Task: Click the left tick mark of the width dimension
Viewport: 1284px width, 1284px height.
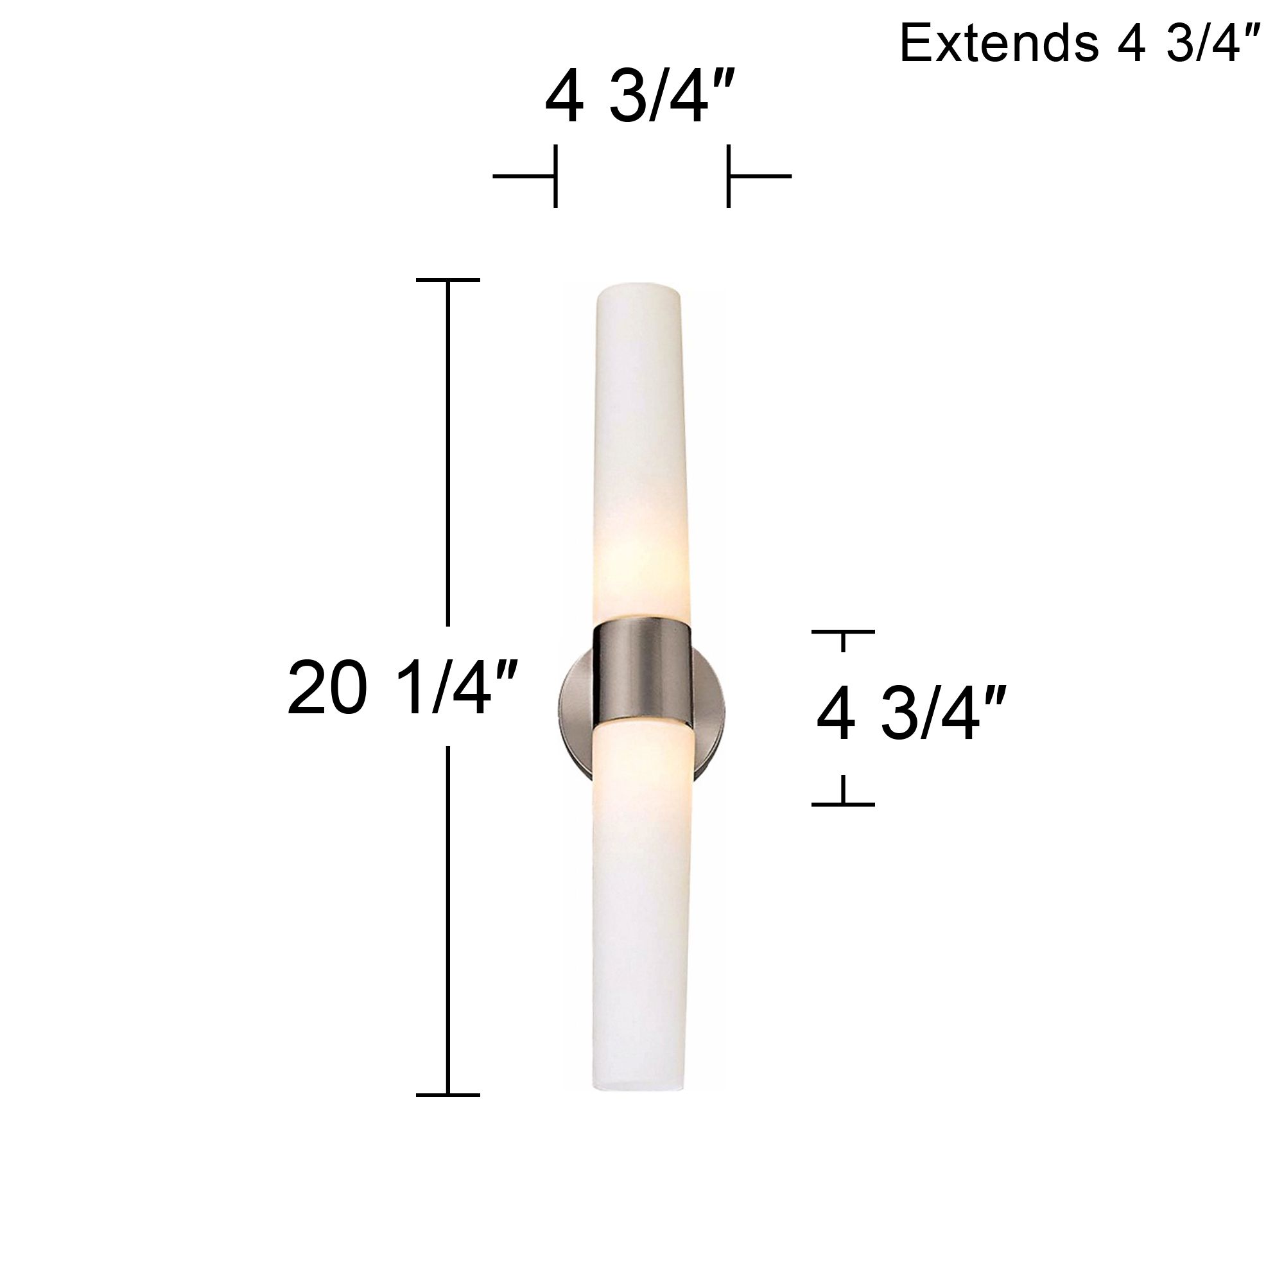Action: (x=555, y=176)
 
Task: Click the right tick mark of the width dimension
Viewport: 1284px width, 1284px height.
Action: (x=729, y=176)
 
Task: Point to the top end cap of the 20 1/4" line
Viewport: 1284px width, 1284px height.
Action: (x=447, y=280)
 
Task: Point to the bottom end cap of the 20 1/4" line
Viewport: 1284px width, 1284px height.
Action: (x=447, y=1095)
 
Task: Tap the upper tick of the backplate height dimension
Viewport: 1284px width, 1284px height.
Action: (x=843, y=632)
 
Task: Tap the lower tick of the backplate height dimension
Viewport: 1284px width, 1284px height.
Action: (x=843, y=804)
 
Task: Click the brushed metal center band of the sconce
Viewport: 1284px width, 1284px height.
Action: (x=642, y=672)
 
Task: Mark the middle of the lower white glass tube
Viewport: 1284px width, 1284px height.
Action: (x=639, y=917)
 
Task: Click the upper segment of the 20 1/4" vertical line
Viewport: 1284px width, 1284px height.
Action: (x=447, y=452)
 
